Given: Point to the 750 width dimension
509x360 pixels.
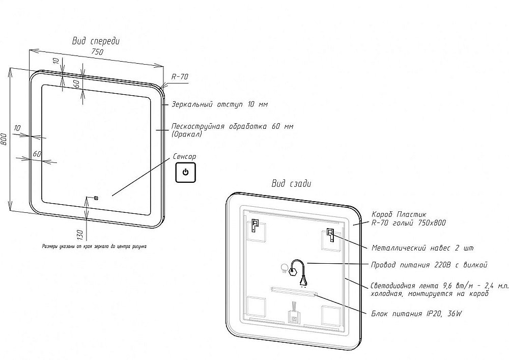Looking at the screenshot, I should click(x=97, y=52).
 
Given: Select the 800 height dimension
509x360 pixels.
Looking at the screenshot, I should click(x=4, y=139).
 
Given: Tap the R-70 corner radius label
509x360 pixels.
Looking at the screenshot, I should click(x=180, y=76).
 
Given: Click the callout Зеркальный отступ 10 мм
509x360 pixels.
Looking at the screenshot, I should click(x=219, y=104).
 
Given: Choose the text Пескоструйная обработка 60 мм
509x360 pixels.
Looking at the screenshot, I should click(x=232, y=126).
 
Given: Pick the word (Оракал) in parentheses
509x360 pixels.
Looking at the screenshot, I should click(x=187, y=134).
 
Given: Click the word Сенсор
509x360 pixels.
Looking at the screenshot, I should click(x=184, y=157).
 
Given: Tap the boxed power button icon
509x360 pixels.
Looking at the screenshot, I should click(x=185, y=172).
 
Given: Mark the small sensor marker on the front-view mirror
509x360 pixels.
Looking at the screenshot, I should click(x=95, y=198).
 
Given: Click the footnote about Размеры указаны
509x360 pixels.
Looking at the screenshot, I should click(x=94, y=246).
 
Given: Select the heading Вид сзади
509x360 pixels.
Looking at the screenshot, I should click(x=291, y=183).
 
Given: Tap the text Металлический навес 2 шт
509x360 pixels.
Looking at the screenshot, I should click(x=422, y=248).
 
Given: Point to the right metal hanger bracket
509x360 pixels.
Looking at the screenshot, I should click(x=330, y=235).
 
